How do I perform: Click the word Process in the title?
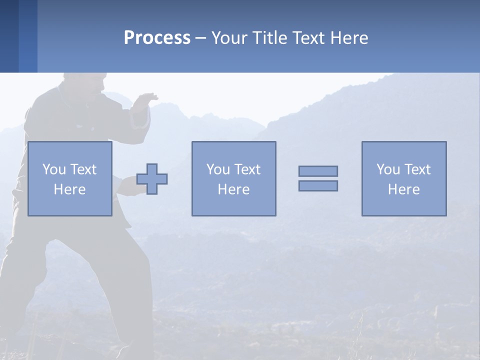(x=157, y=38)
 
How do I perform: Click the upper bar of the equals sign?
(x=318, y=171)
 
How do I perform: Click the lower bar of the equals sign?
(x=318, y=185)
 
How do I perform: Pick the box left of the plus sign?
(x=69, y=178)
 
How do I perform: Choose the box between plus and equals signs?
(x=233, y=178)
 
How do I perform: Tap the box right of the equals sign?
(x=403, y=178)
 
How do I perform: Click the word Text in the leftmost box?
(x=83, y=169)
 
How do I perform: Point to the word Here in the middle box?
(x=233, y=189)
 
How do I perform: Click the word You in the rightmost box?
(x=388, y=169)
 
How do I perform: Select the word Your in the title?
(x=229, y=38)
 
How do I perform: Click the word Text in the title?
(x=308, y=38)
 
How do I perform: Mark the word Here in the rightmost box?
(x=403, y=189)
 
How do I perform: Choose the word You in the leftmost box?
(x=54, y=169)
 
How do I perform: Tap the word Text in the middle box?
(x=247, y=169)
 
